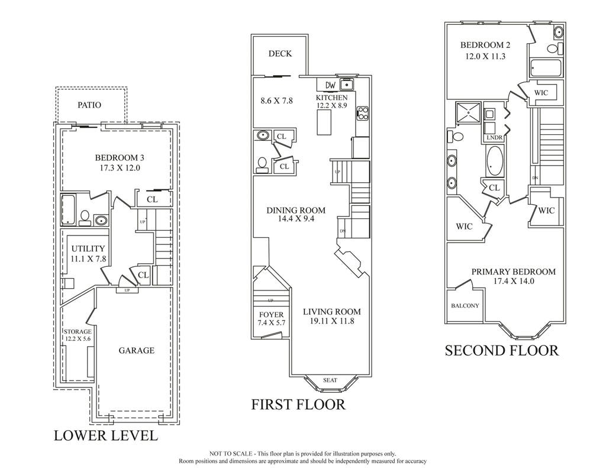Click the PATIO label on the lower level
tap(89, 105)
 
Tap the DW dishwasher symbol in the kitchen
tap(330, 85)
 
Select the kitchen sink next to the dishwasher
tap(347, 85)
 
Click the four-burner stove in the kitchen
tap(363, 113)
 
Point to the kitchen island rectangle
tap(325, 122)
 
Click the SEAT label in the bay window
tap(330, 380)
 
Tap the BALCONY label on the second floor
tap(465, 306)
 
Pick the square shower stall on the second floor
tap(468, 114)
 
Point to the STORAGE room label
tap(78, 331)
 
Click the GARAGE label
tap(137, 350)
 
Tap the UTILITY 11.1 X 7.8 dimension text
tap(89, 259)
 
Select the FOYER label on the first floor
tap(271, 315)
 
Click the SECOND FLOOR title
tap(502, 350)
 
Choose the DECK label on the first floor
tap(280, 54)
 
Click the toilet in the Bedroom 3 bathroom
tap(84, 218)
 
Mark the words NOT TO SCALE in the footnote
tap(231, 454)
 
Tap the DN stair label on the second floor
tap(535, 177)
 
